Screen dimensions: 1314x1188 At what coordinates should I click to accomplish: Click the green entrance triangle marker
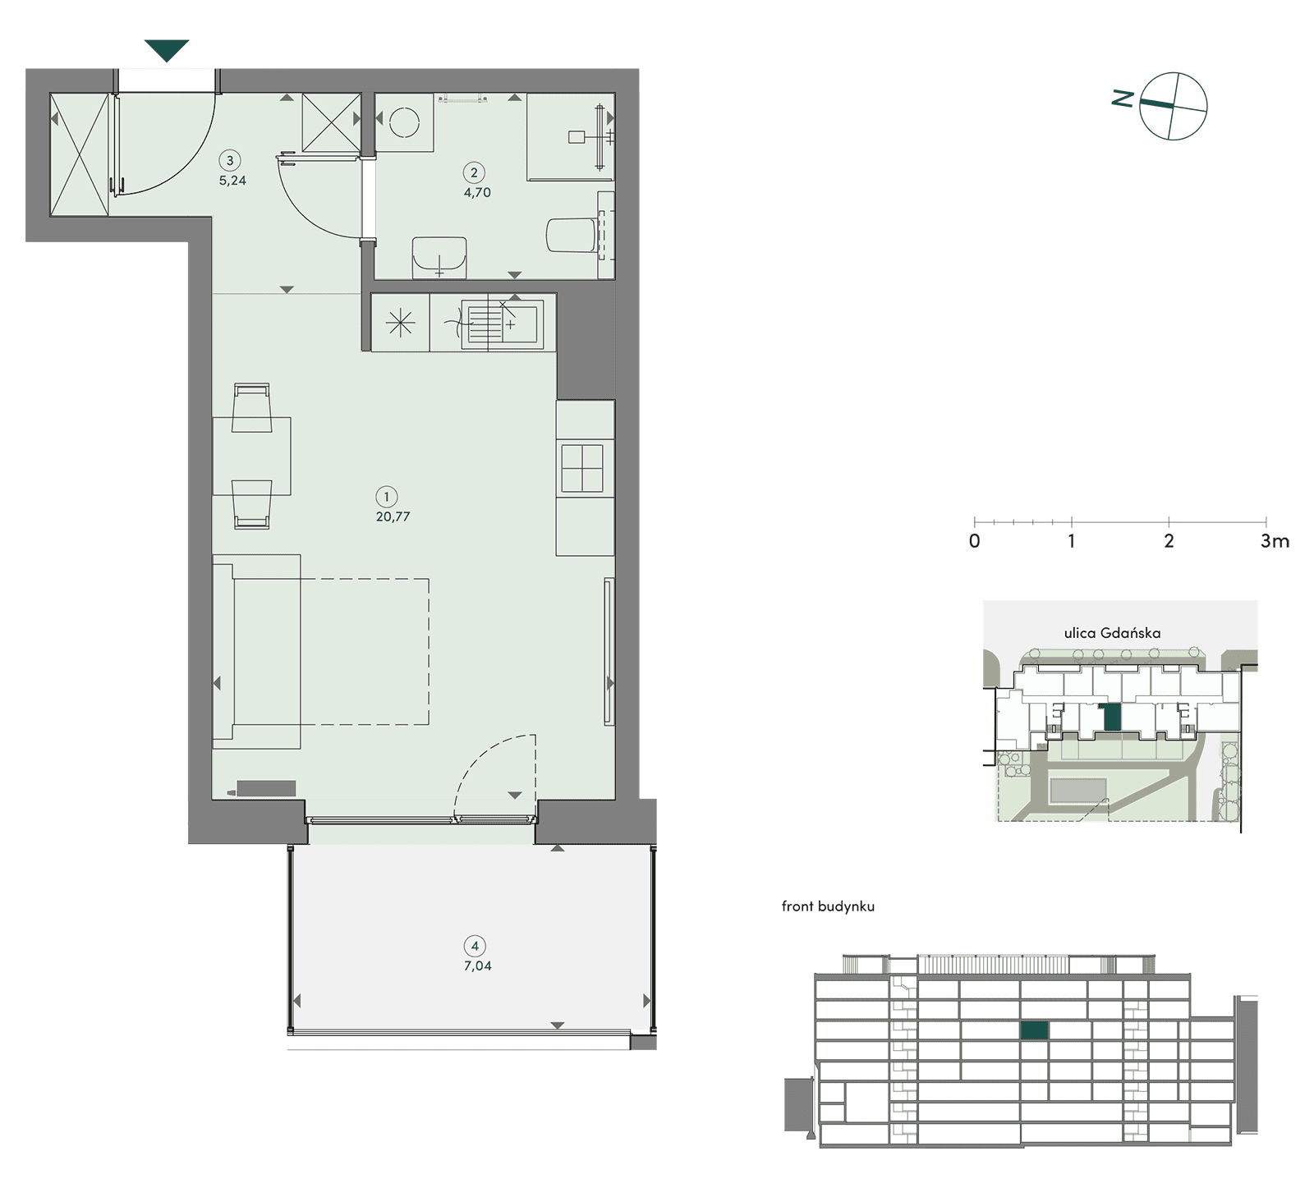(x=167, y=50)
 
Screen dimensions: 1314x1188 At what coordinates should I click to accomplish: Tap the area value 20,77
(x=393, y=516)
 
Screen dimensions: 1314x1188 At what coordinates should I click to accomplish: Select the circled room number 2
(x=474, y=172)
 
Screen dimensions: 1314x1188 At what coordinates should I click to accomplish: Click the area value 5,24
(x=232, y=181)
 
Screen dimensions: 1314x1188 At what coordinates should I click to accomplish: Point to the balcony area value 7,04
(x=477, y=966)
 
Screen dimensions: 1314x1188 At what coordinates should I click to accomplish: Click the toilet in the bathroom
(x=571, y=235)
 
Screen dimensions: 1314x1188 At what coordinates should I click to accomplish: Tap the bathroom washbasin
(x=439, y=257)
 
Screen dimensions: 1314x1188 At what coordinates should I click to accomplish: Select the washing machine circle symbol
(x=404, y=123)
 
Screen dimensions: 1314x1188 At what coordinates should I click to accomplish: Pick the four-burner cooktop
(x=582, y=469)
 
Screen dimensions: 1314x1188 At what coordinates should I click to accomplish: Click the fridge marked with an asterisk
(x=400, y=323)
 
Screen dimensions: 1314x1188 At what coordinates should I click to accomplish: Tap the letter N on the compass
(x=1123, y=99)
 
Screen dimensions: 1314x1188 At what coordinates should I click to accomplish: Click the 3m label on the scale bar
(x=1275, y=541)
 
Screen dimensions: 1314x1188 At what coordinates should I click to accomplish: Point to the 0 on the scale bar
(x=974, y=541)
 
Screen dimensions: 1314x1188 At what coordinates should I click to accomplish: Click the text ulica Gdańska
(x=1112, y=633)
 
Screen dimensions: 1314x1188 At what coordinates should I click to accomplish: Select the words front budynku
(x=828, y=906)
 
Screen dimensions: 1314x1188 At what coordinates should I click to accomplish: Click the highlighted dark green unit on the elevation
(x=1035, y=1031)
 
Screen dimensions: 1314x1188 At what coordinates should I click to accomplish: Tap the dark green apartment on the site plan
(x=1112, y=718)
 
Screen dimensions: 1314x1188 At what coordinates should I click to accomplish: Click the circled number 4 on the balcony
(x=475, y=946)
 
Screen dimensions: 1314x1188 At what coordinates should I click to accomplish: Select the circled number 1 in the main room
(x=387, y=497)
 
